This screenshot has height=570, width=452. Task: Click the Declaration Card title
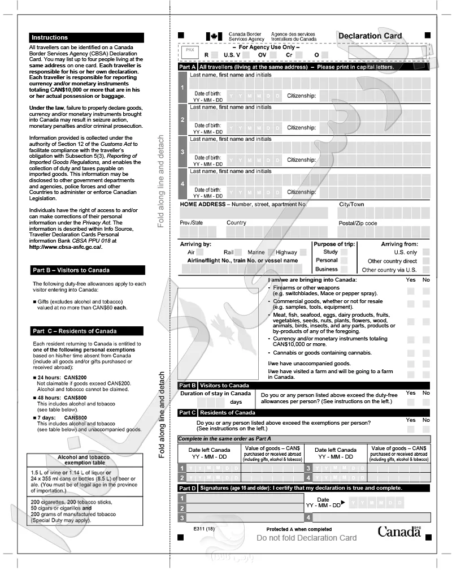(x=370, y=36)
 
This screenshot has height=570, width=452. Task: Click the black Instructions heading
(x=50, y=37)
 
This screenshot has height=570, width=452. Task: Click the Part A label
(x=187, y=67)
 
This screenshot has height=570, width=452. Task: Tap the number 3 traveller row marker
(x=182, y=152)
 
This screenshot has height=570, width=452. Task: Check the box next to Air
(x=206, y=252)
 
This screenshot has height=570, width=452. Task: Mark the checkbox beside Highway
(x=303, y=252)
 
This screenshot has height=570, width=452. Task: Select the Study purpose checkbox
(x=344, y=252)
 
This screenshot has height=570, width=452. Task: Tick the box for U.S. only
(x=425, y=252)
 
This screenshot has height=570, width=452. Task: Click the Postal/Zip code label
(x=358, y=223)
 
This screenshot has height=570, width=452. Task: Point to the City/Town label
(x=351, y=204)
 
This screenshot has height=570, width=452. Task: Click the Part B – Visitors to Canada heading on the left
(x=71, y=270)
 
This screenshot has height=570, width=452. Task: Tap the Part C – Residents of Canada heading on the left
(x=75, y=331)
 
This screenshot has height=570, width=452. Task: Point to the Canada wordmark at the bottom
(x=399, y=531)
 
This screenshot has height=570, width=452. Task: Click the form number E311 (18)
(x=204, y=528)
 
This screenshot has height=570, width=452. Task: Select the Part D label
(x=187, y=487)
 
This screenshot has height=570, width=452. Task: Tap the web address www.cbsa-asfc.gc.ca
(x=66, y=247)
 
